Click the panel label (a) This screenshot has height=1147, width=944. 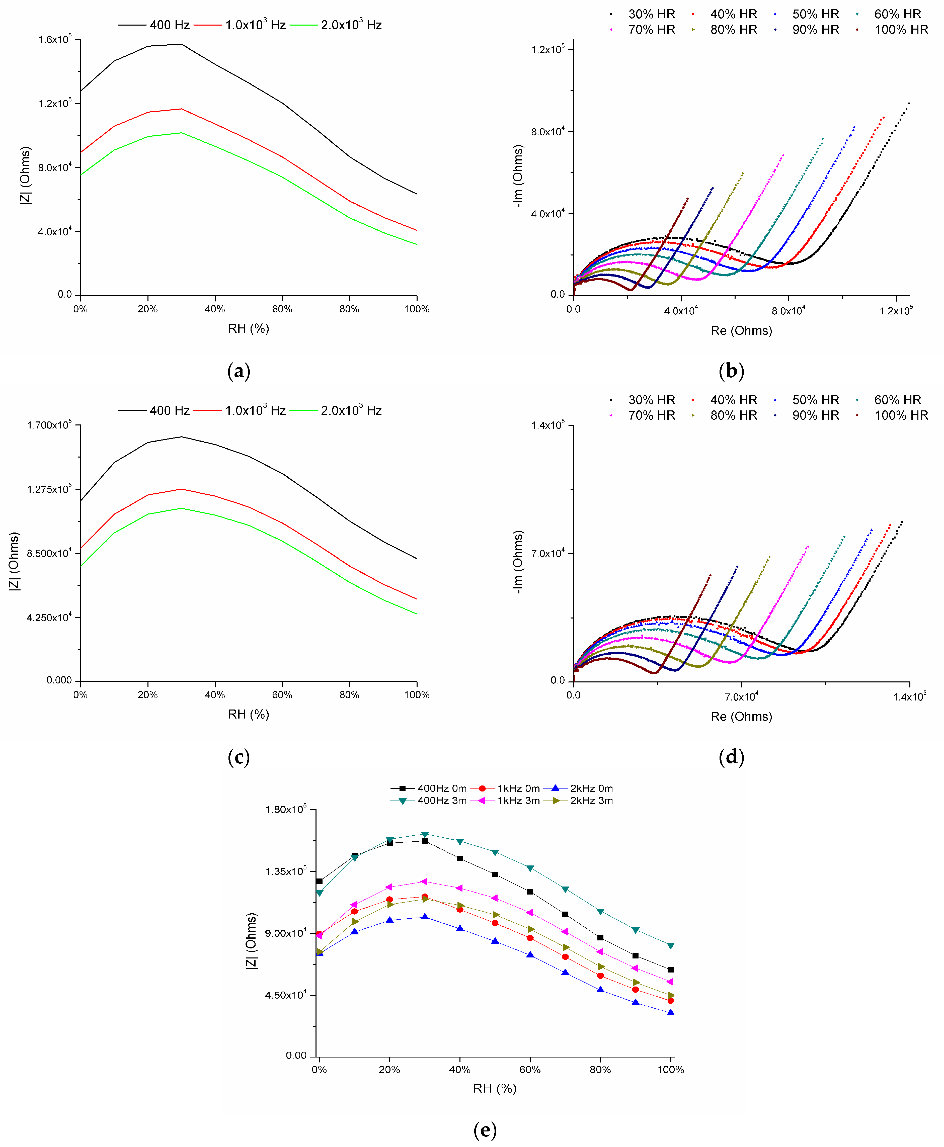(x=239, y=371)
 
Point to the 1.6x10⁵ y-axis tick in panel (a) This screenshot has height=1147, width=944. (x=54, y=39)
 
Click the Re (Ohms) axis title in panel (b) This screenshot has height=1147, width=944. (x=741, y=330)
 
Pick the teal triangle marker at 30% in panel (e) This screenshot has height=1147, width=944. (x=425, y=834)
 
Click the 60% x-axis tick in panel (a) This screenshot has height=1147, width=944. (x=282, y=309)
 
